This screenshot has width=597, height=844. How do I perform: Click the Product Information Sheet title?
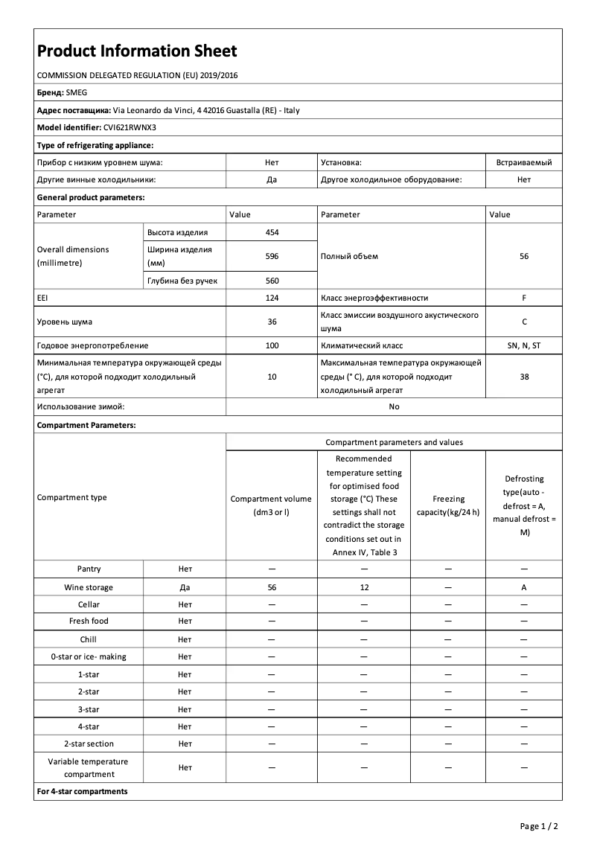137,51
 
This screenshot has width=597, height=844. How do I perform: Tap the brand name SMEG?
77,93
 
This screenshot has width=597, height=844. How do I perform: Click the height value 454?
272,232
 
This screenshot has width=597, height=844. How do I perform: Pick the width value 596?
272,256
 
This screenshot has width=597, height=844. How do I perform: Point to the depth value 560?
272,281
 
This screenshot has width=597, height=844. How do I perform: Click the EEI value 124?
272,298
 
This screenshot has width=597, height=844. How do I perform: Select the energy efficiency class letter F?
524,298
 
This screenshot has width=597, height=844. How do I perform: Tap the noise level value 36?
272,322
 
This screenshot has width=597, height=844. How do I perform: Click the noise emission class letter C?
524,322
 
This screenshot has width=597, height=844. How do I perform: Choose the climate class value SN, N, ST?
524,345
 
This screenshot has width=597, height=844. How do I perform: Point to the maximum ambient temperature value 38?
524,377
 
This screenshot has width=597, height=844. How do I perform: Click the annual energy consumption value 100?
272,345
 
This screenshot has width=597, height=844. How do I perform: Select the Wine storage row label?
89,587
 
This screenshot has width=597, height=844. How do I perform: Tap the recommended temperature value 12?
364,587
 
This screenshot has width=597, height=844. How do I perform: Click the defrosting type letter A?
524,587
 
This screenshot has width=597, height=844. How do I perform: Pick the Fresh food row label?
89,621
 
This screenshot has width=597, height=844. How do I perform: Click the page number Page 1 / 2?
538,826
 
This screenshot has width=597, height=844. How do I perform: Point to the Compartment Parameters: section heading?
86,425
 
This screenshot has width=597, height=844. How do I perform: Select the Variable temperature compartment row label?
89,768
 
